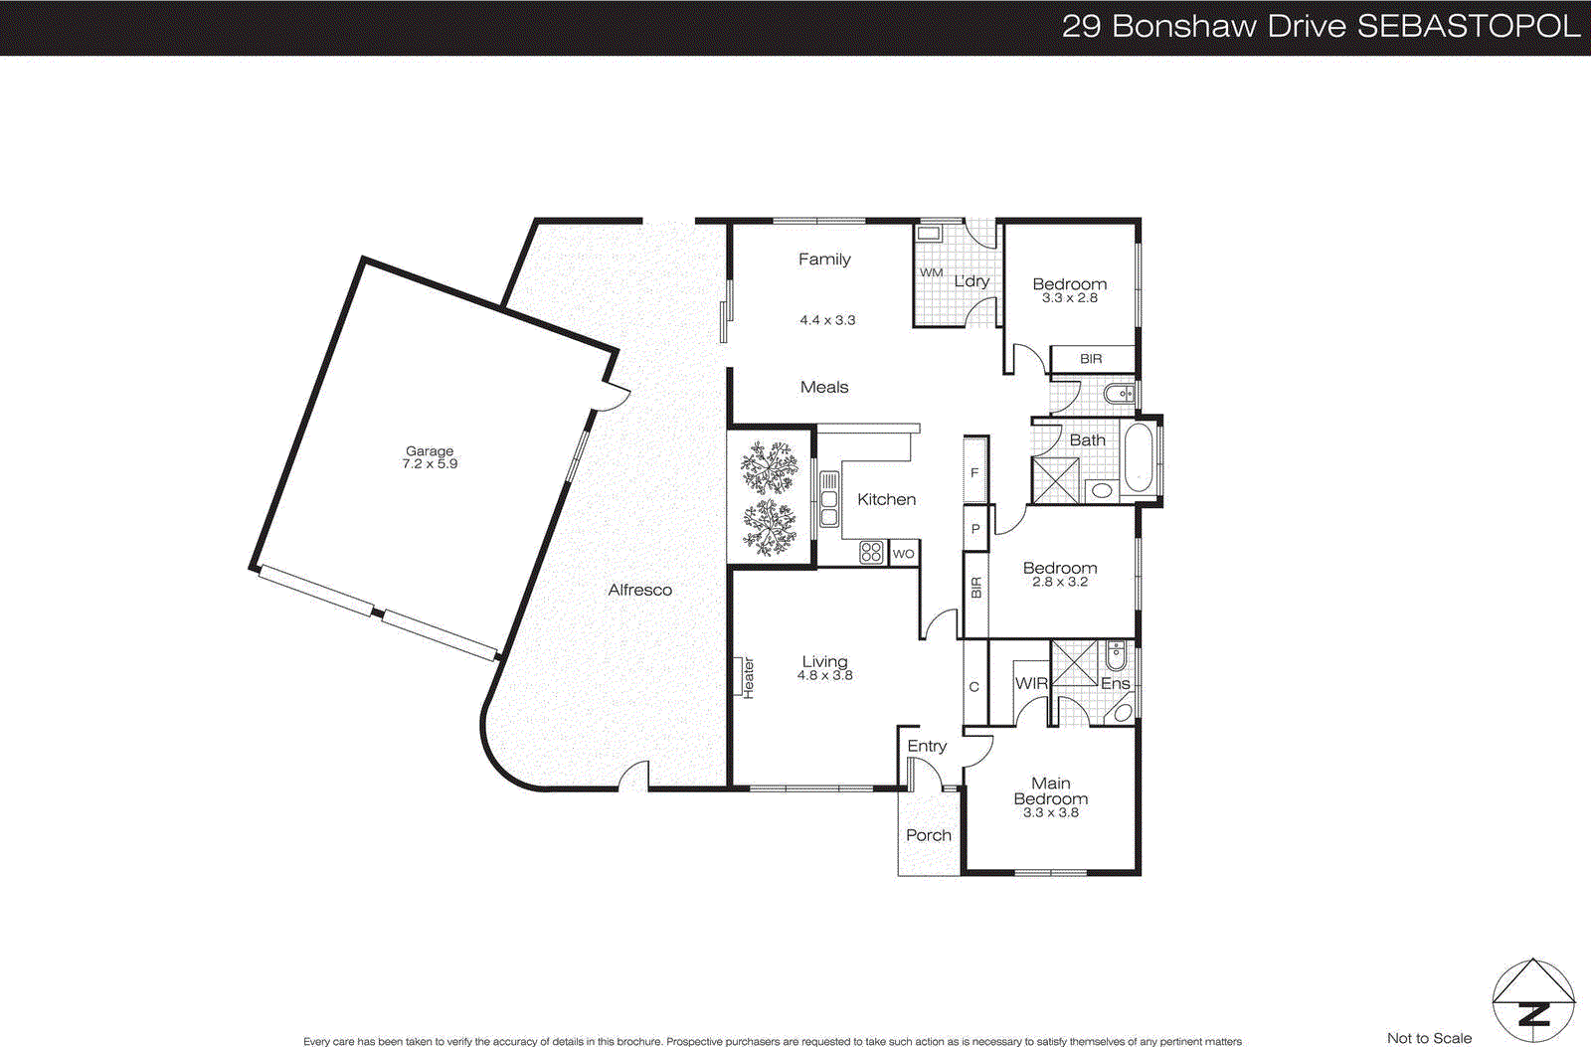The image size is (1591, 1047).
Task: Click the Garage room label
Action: pyautogui.click(x=429, y=450)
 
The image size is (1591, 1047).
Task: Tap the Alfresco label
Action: pyautogui.click(x=639, y=590)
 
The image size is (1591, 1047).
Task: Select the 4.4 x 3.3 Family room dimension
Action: pyautogui.click(x=827, y=320)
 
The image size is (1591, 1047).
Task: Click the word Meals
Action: pyautogui.click(x=824, y=387)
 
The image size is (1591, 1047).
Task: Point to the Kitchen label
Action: pyautogui.click(x=886, y=499)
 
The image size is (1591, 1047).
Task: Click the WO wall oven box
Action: pyautogui.click(x=903, y=554)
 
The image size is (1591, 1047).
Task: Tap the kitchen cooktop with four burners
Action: pyautogui.click(x=871, y=553)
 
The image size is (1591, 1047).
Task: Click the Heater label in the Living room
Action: pyautogui.click(x=748, y=677)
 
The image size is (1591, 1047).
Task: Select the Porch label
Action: pyautogui.click(x=928, y=835)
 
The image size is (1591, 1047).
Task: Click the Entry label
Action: pyautogui.click(x=927, y=746)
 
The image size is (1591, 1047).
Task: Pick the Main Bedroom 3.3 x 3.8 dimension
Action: pyautogui.click(x=1050, y=812)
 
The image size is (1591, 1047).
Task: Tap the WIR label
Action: pyautogui.click(x=1031, y=683)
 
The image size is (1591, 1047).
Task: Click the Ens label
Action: pyautogui.click(x=1115, y=683)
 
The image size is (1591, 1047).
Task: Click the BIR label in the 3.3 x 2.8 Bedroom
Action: pyautogui.click(x=1091, y=358)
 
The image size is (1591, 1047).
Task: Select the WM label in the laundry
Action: pyautogui.click(x=931, y=272)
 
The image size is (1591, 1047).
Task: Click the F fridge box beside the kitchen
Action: pyautogui.click(x=974, y=473)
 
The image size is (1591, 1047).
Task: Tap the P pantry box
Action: pyautogui.click(x=975, y=529)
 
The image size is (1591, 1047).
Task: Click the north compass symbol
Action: pyautogui.click(x=1533, y=1001)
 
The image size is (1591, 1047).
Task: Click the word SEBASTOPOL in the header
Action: pyautogui.click(x=1468, y=26)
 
